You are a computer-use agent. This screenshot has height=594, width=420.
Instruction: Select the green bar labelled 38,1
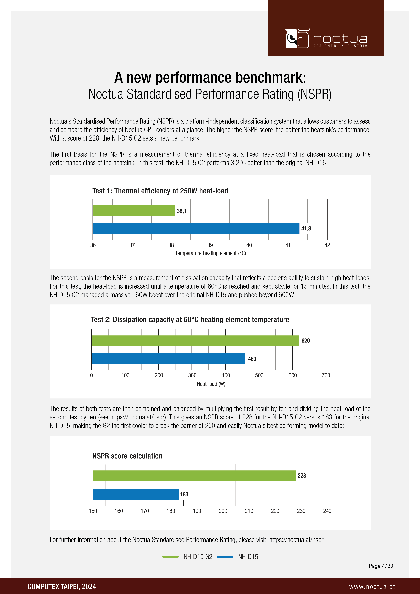tap(134, 210)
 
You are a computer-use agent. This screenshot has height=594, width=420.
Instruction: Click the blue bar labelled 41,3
tap(196, 228)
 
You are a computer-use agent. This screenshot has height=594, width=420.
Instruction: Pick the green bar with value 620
tap(195, 340)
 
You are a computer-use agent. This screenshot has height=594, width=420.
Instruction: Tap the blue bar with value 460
tap(168, 359)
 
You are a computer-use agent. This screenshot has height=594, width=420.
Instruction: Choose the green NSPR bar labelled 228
tap(194, 476)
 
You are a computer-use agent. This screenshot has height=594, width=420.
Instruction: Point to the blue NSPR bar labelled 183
tap(136, 494)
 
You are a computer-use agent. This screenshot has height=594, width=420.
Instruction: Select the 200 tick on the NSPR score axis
tap(223, 511)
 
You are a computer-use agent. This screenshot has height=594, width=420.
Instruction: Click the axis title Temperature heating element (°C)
tap(210, 253)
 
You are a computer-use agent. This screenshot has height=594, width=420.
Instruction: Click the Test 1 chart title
tap(160, 191)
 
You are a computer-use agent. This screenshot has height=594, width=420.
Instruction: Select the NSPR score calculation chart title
tap(127, 456)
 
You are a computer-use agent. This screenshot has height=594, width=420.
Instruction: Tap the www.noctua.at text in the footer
tap(372, 587)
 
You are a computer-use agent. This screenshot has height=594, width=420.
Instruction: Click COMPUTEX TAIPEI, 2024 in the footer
tap(62, 587)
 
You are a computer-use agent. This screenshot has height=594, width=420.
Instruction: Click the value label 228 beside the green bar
tap(302, 476)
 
